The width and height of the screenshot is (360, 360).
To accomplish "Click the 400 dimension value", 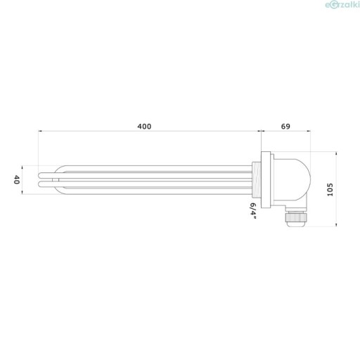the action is tap(144, 127).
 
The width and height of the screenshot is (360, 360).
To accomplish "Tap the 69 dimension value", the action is tap(285, 127).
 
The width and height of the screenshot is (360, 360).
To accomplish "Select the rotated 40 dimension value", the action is tap(16, 179).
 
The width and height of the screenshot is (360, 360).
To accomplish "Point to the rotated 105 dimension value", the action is tap(330, 190).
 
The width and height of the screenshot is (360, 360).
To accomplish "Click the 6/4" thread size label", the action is tap(253, 211).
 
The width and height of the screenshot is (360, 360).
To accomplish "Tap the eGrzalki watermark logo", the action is tap(342, 5).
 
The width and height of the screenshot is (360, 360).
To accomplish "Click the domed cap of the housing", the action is tap(292, 180).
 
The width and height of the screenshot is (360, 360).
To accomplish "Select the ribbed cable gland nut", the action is tap(295, 217).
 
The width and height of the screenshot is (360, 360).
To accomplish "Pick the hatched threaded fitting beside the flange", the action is tap(257, 180).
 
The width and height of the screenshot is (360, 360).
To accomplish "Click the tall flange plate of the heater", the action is tap(266, 180).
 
